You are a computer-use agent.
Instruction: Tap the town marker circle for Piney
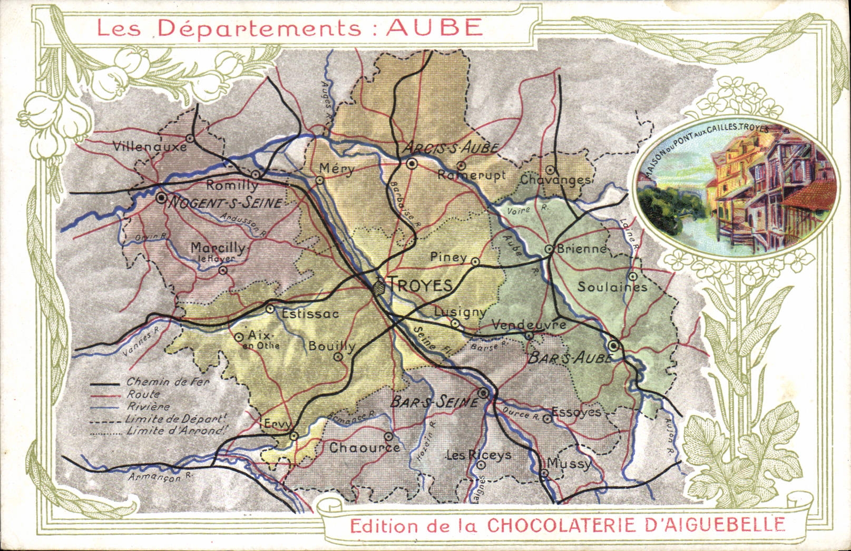pos(475,261)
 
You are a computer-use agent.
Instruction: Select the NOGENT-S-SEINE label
pos(225,203)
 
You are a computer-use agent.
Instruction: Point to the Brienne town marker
pos(549,249)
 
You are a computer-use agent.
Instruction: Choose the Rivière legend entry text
pos(148,407)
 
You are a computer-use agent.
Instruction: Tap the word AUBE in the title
pos(434,27)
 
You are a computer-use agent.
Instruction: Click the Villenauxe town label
pos(150,146)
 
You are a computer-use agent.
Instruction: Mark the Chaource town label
pos(364,448)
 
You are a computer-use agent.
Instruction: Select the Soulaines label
pos(612,287)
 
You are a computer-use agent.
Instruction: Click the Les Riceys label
pos(478,455)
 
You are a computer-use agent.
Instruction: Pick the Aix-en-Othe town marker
pos(239,337)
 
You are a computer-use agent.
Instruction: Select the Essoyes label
pos(576,412)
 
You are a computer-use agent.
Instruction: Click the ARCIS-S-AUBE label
pos(451,148)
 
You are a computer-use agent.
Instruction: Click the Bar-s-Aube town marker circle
pos(613,346)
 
